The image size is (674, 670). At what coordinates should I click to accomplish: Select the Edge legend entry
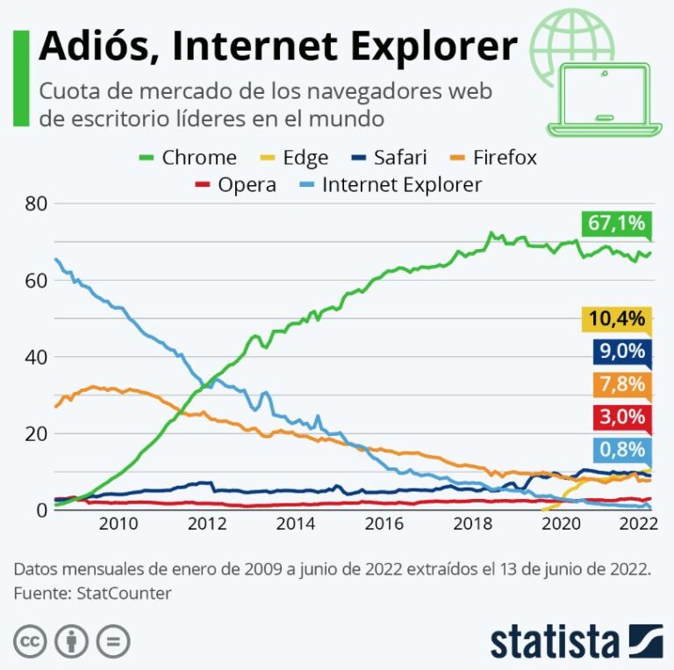click(292, 158)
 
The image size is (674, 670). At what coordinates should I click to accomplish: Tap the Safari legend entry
click(388, 158)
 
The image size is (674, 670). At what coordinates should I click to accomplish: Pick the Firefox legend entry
click(491, 158)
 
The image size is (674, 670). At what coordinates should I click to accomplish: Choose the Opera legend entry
click(234, 185)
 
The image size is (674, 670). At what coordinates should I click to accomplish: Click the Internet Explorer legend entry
click(389, 185)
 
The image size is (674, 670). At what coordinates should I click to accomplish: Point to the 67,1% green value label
click(616, 224)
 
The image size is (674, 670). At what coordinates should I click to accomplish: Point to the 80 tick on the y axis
click(35, 203)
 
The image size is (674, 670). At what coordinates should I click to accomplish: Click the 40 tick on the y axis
click(35, 357)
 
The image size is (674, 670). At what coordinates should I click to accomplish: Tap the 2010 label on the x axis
click(118, 525)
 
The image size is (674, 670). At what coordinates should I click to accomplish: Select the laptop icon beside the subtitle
click(605, 98)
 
